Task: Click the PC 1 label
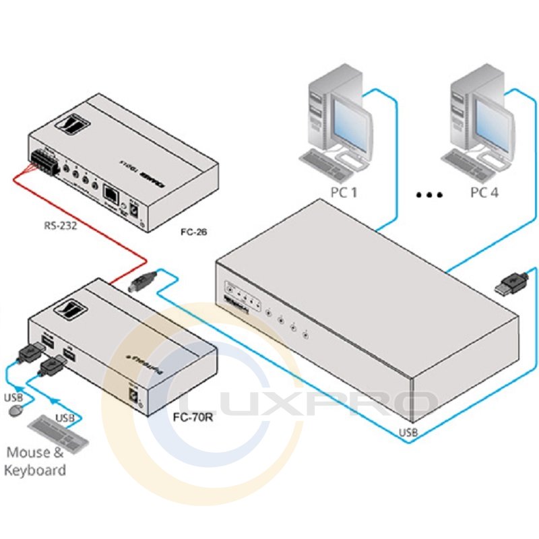(x=344, y=193)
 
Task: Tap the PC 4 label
(x=484, y=193)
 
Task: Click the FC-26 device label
(x=193, y=233)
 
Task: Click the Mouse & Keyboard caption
(x=35, y=462)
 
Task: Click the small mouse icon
(x=15, y=409)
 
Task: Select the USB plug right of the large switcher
(x=513, y=282)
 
